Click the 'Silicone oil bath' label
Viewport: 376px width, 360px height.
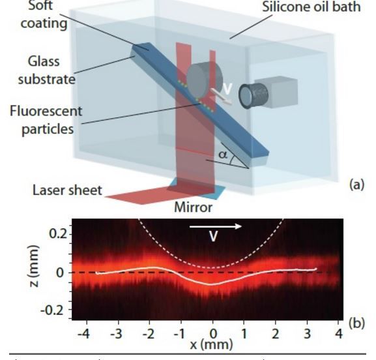click(x=311, y=7)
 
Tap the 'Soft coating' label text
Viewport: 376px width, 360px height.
click(x=44, y=14)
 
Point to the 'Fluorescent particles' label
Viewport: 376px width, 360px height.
click(x=46, y=120)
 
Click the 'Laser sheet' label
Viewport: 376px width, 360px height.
click(x=67, y=190)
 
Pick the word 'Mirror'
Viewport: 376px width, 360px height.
click(x=194, y=207)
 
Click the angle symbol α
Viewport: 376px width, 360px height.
click(x=223, y=155)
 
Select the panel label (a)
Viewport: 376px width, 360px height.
click(x=357, y=185)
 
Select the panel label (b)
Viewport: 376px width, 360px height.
click(x=357, y=323)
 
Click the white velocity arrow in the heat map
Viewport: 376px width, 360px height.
click(x=216, y=226)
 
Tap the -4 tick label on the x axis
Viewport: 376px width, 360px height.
click(x=83, y=334)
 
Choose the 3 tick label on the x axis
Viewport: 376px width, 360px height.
click(x=307, y=334)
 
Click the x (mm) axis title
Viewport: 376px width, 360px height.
click(x=212, y=345)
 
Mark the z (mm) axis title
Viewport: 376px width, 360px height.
click(x=33, y=266)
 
